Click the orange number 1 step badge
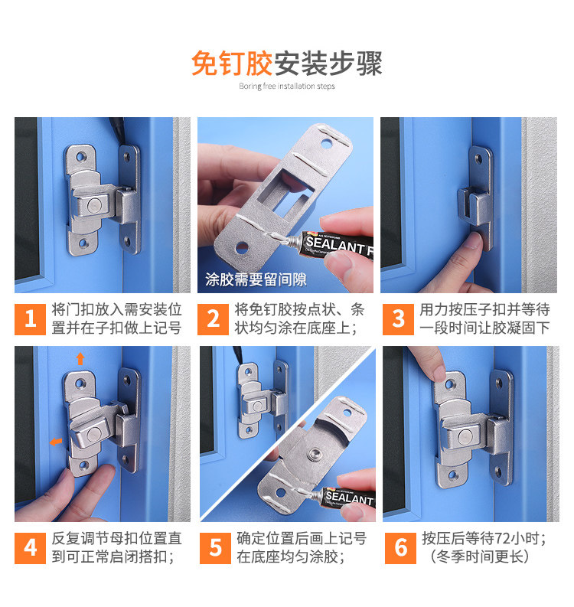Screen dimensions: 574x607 click(30, 319)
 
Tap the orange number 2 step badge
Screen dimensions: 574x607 click(213, 319)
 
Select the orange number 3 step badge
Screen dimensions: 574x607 click(398, 319)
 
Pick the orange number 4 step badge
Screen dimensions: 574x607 click(30, 548)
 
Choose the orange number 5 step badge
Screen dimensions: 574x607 click(215, 548)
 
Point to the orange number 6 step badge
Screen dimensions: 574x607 click(400, 548)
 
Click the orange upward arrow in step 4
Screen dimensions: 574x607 click(80, 358)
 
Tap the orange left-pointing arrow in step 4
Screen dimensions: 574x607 click(56, 442)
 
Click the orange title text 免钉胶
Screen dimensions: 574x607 click(232, 63)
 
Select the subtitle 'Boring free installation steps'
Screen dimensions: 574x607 click(287, 86)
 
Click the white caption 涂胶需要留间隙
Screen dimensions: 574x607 click(256, 279)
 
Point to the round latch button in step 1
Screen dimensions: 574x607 click(93, 205)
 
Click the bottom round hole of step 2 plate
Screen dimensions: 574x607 click(243, 247)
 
